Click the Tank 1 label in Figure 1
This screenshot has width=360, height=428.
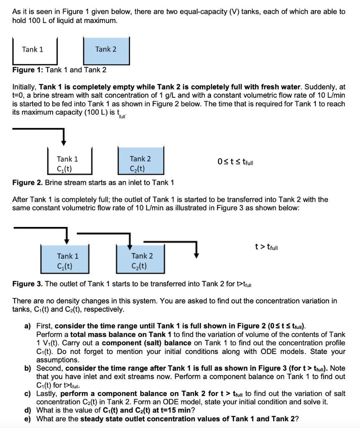point(33,49)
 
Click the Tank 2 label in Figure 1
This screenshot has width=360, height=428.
point(106,49)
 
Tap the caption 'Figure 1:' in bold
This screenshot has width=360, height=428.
point(28,70)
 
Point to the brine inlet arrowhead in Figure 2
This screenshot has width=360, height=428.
point(63,142)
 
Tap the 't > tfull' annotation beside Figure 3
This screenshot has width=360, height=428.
point(266,247)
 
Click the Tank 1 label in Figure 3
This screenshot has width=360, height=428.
point(68,256)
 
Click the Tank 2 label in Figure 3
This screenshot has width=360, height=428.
point(142,256)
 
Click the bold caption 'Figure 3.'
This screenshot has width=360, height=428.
point(28,284)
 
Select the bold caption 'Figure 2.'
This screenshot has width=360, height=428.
point(28,183)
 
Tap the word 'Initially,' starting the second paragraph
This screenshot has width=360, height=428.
point(25,87)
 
